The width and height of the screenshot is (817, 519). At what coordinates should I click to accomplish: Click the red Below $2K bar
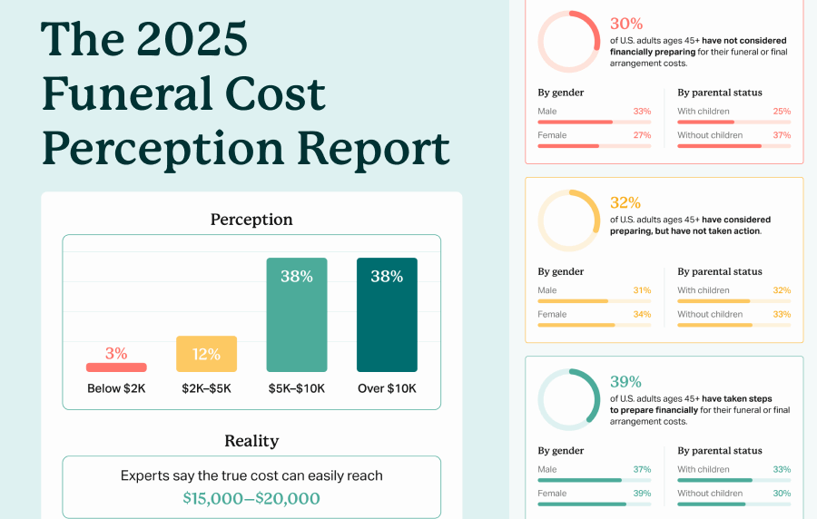116,367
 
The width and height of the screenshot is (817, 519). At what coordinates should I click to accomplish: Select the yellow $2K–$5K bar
206,354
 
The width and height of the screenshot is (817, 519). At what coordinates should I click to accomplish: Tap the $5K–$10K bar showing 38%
296,315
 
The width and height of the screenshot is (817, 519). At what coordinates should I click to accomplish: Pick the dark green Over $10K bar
387,315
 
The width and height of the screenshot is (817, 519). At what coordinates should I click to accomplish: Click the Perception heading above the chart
251,220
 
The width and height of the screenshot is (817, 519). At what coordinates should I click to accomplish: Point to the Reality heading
251,441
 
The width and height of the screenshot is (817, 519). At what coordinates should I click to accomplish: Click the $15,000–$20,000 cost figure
251,498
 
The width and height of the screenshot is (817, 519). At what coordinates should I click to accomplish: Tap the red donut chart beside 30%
569,42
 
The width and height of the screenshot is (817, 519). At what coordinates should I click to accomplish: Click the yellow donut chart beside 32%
569,220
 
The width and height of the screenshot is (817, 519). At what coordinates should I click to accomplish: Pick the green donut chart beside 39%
569,399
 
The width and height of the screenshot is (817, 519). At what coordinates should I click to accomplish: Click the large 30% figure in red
625,24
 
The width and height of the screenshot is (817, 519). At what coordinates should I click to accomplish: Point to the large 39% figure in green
625,382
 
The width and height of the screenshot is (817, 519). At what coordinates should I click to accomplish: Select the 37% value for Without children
782,135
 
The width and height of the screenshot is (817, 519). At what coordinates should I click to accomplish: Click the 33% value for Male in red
642,112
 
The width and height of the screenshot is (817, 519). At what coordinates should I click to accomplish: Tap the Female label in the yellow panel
552,314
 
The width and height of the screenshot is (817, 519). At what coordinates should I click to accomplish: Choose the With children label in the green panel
704,469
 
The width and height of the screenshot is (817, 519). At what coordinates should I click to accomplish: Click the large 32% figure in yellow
625,202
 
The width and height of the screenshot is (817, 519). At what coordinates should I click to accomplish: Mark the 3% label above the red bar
116,353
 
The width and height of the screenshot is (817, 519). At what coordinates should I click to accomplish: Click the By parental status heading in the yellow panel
720,271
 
